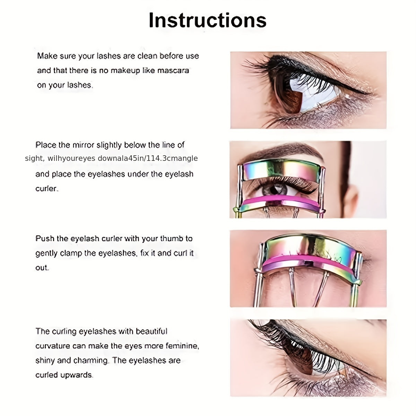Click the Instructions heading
pos(207,20)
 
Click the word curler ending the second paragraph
pos(46,189)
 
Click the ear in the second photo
pos(350,201)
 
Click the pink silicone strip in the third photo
pos(309,259)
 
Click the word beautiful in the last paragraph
pos(151,331)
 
